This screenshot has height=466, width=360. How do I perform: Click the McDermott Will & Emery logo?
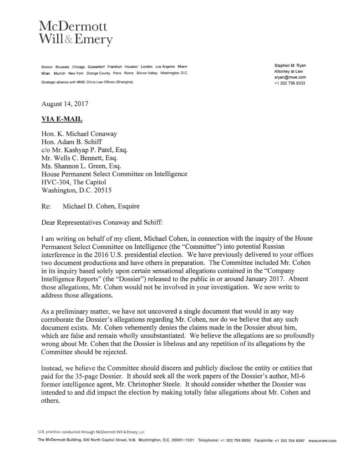(76, 33)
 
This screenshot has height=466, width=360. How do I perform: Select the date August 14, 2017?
(65, 104)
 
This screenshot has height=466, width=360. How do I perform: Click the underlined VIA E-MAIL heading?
(62, 119)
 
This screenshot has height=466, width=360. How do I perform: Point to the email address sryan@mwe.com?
(289, 77)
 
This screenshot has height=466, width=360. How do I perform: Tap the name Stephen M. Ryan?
(290, 66)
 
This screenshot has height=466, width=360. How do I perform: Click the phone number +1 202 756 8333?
(289, 83)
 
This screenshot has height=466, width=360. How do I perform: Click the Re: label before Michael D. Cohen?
(46, 206)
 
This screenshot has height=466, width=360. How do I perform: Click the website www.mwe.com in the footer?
(322, 441)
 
